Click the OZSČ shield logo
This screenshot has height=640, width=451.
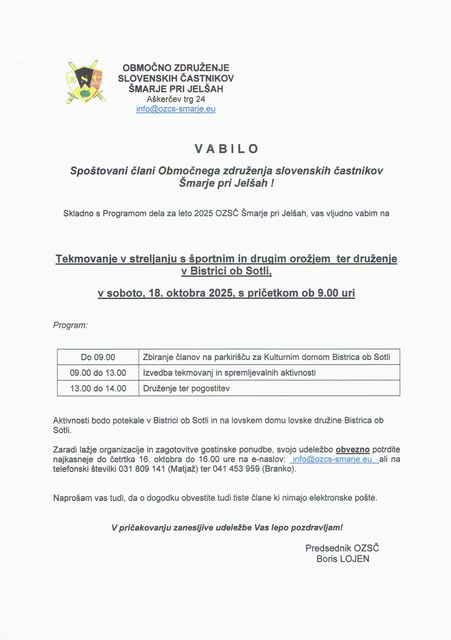coord(85,82)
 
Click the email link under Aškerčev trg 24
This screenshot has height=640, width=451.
coord(176,109)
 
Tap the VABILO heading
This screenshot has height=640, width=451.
coord(226,149)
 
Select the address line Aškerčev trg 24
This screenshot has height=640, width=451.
coord(176,99)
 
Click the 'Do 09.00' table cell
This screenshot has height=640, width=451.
coord(98,357)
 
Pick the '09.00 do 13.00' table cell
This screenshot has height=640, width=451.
coord(98,373)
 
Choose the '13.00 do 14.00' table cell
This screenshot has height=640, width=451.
coord(98,388)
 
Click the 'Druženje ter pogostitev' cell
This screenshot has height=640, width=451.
coord(186,388)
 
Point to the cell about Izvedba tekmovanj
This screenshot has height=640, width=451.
coord(229,373)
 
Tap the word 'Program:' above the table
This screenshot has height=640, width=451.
coord(70,325)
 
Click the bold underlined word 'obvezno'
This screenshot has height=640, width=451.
coord(352,449)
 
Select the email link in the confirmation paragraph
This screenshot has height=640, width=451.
coord(332,459)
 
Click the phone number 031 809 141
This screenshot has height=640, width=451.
coord(142,469)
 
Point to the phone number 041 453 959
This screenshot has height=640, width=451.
coord(236,469)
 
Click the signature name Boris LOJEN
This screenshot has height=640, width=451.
coord(343,559)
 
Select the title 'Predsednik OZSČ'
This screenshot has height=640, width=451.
coord(342,548)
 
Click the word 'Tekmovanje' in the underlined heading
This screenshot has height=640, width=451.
coord(86,259)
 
